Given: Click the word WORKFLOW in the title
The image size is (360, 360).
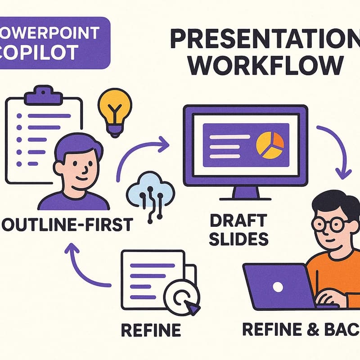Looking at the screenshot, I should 264,66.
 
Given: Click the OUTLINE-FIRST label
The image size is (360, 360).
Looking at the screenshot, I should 67,225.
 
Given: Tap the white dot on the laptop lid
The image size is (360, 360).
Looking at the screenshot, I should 278,286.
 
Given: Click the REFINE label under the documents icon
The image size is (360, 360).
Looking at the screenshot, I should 151,330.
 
